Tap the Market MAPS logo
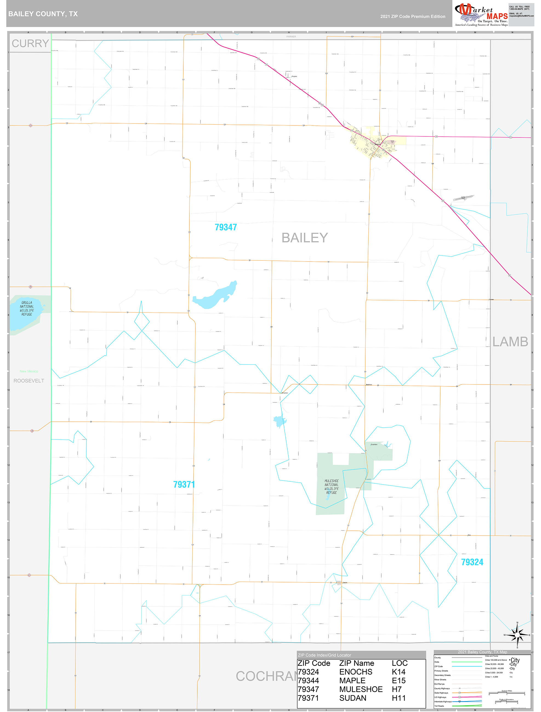click(481, 15)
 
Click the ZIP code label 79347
click(226, 227)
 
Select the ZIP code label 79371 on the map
click(184, 484)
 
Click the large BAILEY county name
click(304, 238)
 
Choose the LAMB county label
click(510, 342)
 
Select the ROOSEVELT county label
click(29, 381)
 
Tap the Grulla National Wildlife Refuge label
click(27, 308)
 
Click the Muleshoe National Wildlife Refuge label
click(331, 487)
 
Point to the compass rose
click(517, 635)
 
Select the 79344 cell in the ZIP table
click(308, 681)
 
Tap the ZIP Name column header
click(356, 663)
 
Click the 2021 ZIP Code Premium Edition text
click(412, 16)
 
